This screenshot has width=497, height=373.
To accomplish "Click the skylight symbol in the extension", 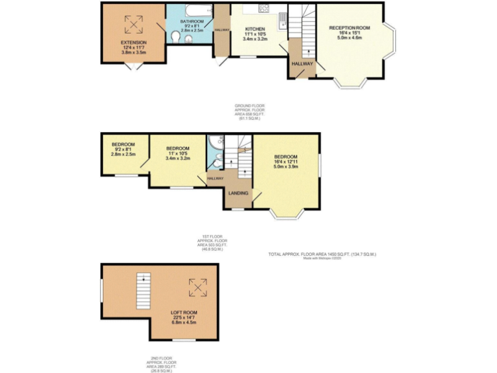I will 134,23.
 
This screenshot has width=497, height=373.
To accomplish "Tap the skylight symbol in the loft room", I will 197,287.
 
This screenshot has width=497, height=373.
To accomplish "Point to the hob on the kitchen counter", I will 264,8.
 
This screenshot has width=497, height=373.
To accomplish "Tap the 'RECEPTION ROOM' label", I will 349,28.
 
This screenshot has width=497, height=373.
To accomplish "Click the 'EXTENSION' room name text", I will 134,42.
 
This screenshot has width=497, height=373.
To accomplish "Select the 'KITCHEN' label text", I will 256,29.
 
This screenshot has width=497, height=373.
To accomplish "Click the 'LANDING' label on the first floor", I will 237,193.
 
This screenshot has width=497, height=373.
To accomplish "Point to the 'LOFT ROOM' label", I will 184,313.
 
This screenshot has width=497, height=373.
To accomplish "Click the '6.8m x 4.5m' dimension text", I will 184,323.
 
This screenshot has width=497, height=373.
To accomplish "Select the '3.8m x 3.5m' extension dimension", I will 134,52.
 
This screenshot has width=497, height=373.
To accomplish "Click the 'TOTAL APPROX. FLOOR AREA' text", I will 322,254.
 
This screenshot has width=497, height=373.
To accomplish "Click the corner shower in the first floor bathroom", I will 215,141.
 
